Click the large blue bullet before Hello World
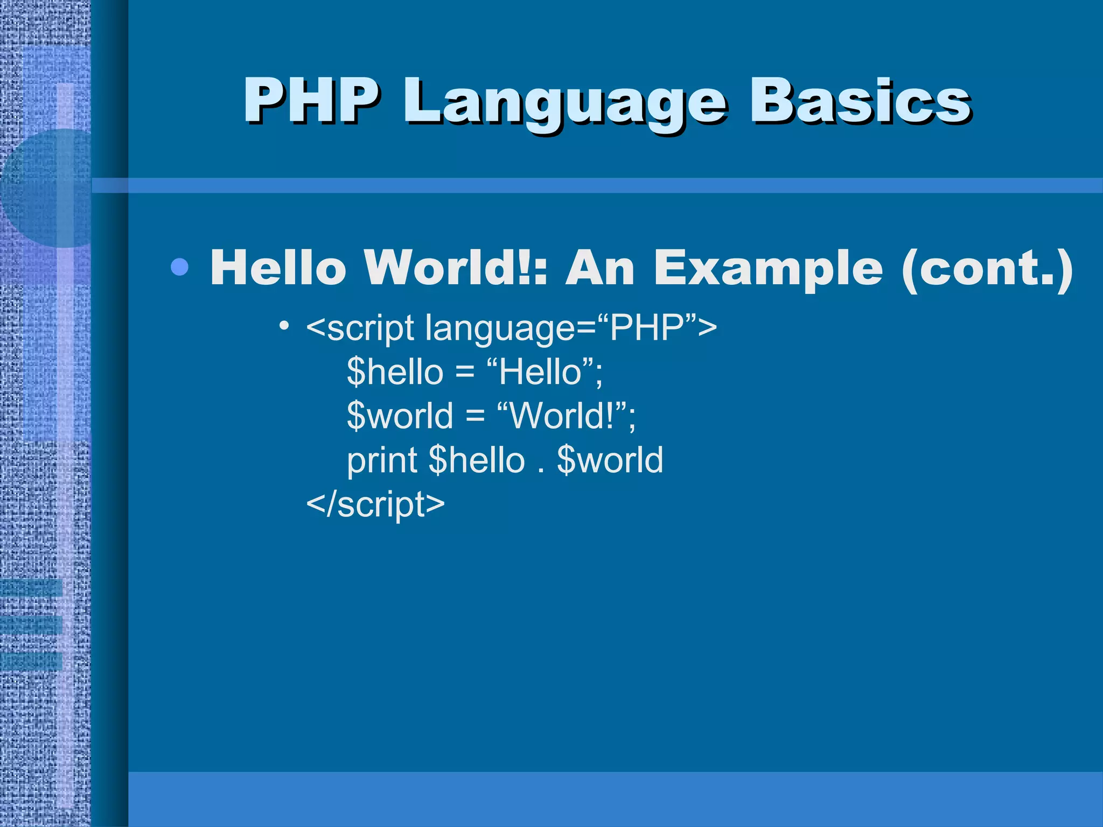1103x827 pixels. point(179,267)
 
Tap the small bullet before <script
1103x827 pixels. point(285,325)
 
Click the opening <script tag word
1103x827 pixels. point(360,328)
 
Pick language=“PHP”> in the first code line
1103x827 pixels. point(571,328)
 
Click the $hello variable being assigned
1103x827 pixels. point(395,372)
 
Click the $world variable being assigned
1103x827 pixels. point(400,416)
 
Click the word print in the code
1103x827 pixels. point(382,461)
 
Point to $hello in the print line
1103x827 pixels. point(477,460)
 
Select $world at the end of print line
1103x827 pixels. point(610,460)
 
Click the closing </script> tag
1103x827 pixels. point(375,504)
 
